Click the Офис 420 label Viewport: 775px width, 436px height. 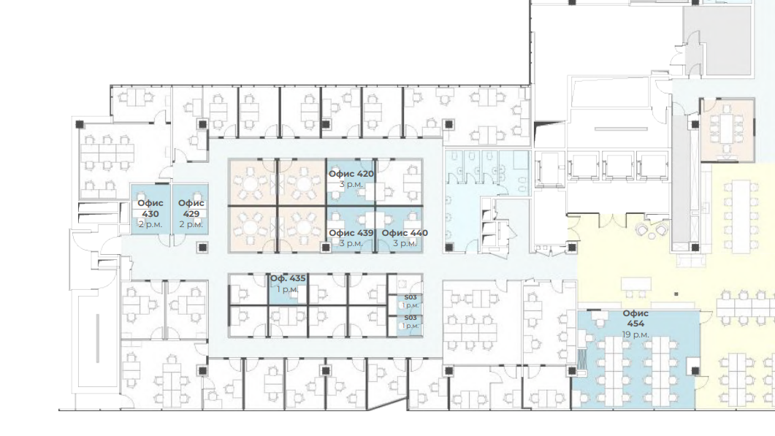pyautogui.click(x=351, y=174)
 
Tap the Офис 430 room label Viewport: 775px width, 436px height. pyautogui.click(x=150, y=208)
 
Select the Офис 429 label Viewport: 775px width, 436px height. pyautogui.click(x=191, y=208)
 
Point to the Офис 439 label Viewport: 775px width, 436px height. pyautogui.click(x=351, y=233)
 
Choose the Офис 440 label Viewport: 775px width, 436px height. pyautogui.click(x=405, y=233)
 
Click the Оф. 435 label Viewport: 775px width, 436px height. pyautogui.click(x=288, y=279)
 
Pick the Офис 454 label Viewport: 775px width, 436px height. pyautogui.click(x=635, y=318)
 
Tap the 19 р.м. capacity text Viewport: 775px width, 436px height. pyautogui.click(x=635, y=334)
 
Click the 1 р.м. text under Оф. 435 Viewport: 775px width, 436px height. pyautogui.click(x=288, y=290)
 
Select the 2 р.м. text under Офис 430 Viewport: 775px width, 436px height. pyautogui.click(x=150, y=224)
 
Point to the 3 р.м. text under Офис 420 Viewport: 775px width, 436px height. pyautogui.click(x=351, y=184)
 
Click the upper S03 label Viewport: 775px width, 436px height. pyautogui.click(x=411, y=297)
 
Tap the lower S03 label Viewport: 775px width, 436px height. pyautogui.click(x=411, y=318)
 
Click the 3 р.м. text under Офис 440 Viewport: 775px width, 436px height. pyautogui.click(x=405, y=244)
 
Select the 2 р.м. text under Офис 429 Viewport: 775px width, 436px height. pyautogui.click(x=191, y=224)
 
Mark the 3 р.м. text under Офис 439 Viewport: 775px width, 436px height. pyautogui.click(x=351, y=244)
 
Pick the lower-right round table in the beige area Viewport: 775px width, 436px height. pyautogui.click(x=302, y=229)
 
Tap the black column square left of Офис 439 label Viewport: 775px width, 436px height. pyautogui.click(x=325, y=247)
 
